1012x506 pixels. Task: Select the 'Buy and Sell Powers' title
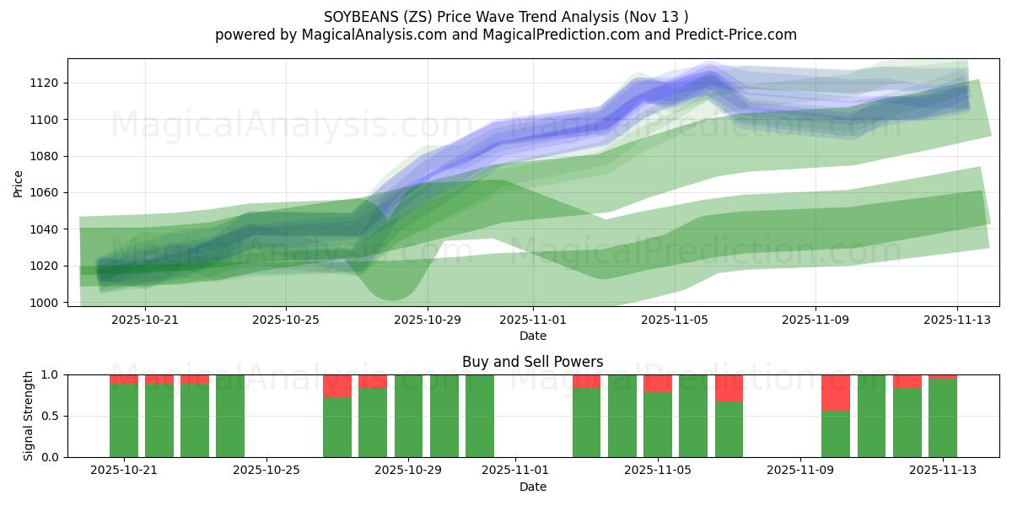coord(532,362)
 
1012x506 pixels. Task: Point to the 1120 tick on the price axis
coord(47,83)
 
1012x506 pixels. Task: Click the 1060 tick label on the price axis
coord(47,192)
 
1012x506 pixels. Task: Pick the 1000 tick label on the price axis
coord(47,302)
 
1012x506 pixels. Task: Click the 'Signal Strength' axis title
coord(29,415)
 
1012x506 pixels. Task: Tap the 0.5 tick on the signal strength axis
coord(51,416)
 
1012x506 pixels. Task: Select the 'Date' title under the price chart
coord(532,336)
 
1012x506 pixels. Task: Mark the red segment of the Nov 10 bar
coord(836,392)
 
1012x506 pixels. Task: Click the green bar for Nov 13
coord(943,418)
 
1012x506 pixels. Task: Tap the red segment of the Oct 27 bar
coord(337,386)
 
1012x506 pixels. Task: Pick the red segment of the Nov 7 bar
coord(729,388)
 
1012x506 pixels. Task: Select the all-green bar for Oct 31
coord(480,416)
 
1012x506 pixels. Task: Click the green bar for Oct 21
coord(124,420)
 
